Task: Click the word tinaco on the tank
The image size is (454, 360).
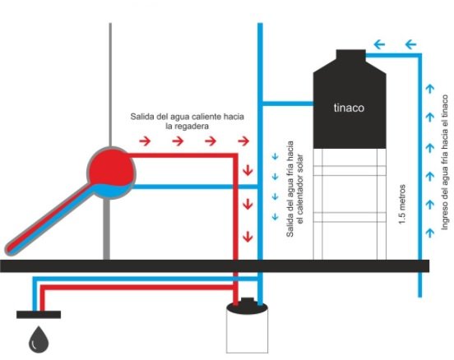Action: pyautogui.click(x=349, y=108)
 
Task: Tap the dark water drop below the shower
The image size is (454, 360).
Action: pyautogui.click(x=39, y=340)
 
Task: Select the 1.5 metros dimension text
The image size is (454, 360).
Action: pyautogui.click(x=402, y=205)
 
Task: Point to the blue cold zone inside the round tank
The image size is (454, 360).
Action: pyautogui.click(x=113, y=190)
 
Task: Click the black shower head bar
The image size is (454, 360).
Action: pyautogui.click(x=39, y=315)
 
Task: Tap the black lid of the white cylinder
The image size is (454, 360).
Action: pyautogui.click(x=247, y=307)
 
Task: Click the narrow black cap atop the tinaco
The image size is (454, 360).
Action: pyautogui.click(x=350, y=55)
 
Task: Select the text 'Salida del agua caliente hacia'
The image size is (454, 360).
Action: pyautogui.click(x=187, y=117)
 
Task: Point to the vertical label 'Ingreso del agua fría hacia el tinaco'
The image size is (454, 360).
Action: pyautogui.click(x=444, y=163)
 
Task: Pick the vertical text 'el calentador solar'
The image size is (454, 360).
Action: pyautogui.click(x=300, y=189)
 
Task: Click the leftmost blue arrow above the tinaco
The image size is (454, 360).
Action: pyautogui.click(x=379, y=44)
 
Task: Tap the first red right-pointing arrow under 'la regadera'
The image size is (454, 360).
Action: pyautogui.click(x=145, y=141)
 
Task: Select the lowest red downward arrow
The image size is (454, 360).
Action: pyautogui.click(x=248, y=237)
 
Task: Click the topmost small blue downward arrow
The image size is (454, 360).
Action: pyautogui.click(x=275, y=156)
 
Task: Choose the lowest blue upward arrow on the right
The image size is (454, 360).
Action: pyautogui.click(x=430, y=233)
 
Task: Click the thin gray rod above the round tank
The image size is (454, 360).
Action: pyautogui.click(x=110, y=85)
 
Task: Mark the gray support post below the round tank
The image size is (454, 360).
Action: pyautogui.click(x=107, y=229)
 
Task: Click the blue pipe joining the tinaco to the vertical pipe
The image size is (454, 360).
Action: pyautogui.click(x=288, y=104)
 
